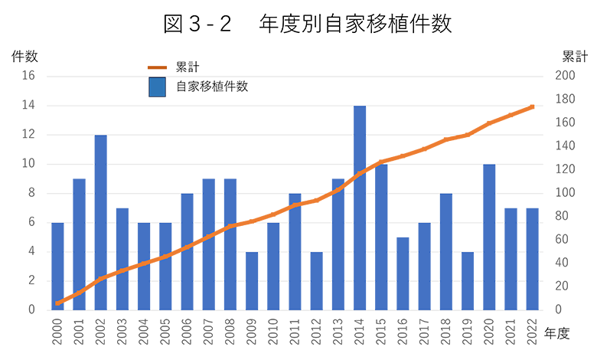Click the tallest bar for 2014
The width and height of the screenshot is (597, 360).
pyautogui.click(x=360, y=208)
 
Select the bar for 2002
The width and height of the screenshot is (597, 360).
pyautogui.click(x=101, y=222)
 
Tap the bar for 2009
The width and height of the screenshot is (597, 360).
pyautogui.click(x=252, y=280)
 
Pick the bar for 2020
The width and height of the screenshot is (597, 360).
pyautogui.click(x=489, y=237)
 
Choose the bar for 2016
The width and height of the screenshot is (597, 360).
pyautogui.click(x=403, y=273)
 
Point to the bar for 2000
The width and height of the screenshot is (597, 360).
pyautogui.click(x=57, y=266)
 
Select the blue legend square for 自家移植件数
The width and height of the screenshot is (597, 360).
pyautogui.click(x=158, y=87)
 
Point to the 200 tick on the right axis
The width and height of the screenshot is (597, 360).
pyautogui.click(x=563, y=76)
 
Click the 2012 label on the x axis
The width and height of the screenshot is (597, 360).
pyautogui.click(x=317, y=331)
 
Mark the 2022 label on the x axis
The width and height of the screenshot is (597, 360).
pyautogui.click(x=533, y=331)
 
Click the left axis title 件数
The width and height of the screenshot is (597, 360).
pyautogui.click(x=24, y=56)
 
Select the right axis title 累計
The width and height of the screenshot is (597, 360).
pyautogui.click(x=575, y=56)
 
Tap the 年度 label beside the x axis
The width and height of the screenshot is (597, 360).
pyautogui.click(x=557, y=333)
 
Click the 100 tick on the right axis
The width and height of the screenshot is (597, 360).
pyautogui.click(x=563, y=193)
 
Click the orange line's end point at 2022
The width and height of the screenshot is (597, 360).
pyautogui.click(x=532, y=106)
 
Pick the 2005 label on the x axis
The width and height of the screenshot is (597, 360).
pyautogui.click(x=166, y=331)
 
